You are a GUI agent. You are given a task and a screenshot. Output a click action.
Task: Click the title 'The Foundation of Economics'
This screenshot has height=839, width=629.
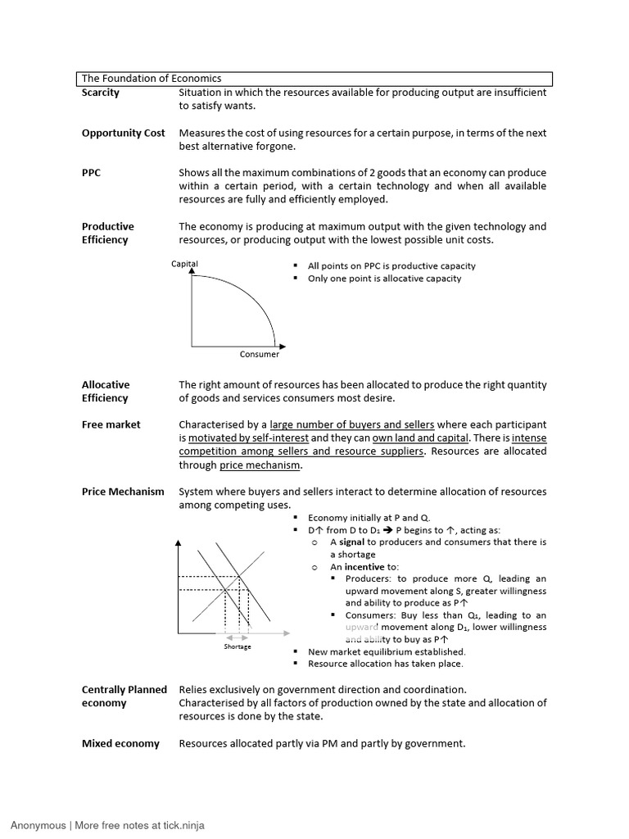click(x=152, y=79)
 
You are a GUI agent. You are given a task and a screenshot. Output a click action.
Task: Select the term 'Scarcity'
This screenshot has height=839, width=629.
click(x=101, y=93)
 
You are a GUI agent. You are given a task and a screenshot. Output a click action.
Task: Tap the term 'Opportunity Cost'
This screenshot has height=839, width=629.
click(x=123, y=133)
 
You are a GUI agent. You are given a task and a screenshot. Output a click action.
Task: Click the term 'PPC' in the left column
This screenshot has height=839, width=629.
click(x=92, y=173)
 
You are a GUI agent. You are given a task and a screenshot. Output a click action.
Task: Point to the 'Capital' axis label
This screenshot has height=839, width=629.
click(x=184, y=264)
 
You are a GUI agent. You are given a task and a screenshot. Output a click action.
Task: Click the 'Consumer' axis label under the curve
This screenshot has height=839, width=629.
click(x=260, y=354)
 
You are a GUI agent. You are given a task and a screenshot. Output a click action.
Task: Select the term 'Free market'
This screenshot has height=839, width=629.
click(x=111, y=424)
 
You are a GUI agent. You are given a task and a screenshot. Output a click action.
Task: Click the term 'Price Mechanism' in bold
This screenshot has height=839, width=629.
click(x=123, y=492)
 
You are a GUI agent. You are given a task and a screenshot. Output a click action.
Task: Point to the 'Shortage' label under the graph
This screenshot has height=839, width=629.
click(x=238, y=646)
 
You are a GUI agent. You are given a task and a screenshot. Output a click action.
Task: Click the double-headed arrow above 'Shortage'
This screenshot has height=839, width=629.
click(x=238, y=637)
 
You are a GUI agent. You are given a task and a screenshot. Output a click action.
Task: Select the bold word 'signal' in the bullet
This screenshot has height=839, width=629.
click(x=352, y=542)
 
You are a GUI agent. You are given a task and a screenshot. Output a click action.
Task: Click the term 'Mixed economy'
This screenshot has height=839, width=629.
click(x=120, y=743)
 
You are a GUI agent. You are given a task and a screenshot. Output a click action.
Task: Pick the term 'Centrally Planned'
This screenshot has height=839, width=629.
click(x=124, y=690)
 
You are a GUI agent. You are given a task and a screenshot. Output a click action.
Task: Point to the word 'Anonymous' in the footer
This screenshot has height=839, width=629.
click(x=38, y=825)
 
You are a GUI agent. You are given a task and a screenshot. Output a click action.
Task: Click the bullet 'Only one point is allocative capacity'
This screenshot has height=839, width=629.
click(x=384, y=279)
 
